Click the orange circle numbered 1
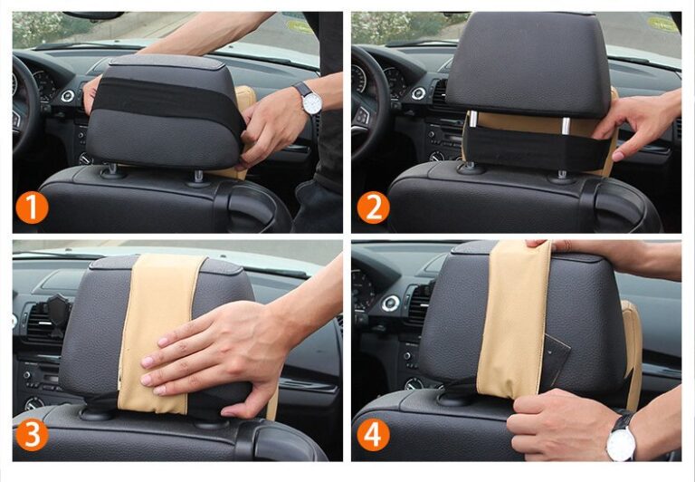tap(32, 207)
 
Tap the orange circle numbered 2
tap(372, 207)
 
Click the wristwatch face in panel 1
tap(311, 102)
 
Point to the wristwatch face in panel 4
tap(621, 444)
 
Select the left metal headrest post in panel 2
tap(471, 136)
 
